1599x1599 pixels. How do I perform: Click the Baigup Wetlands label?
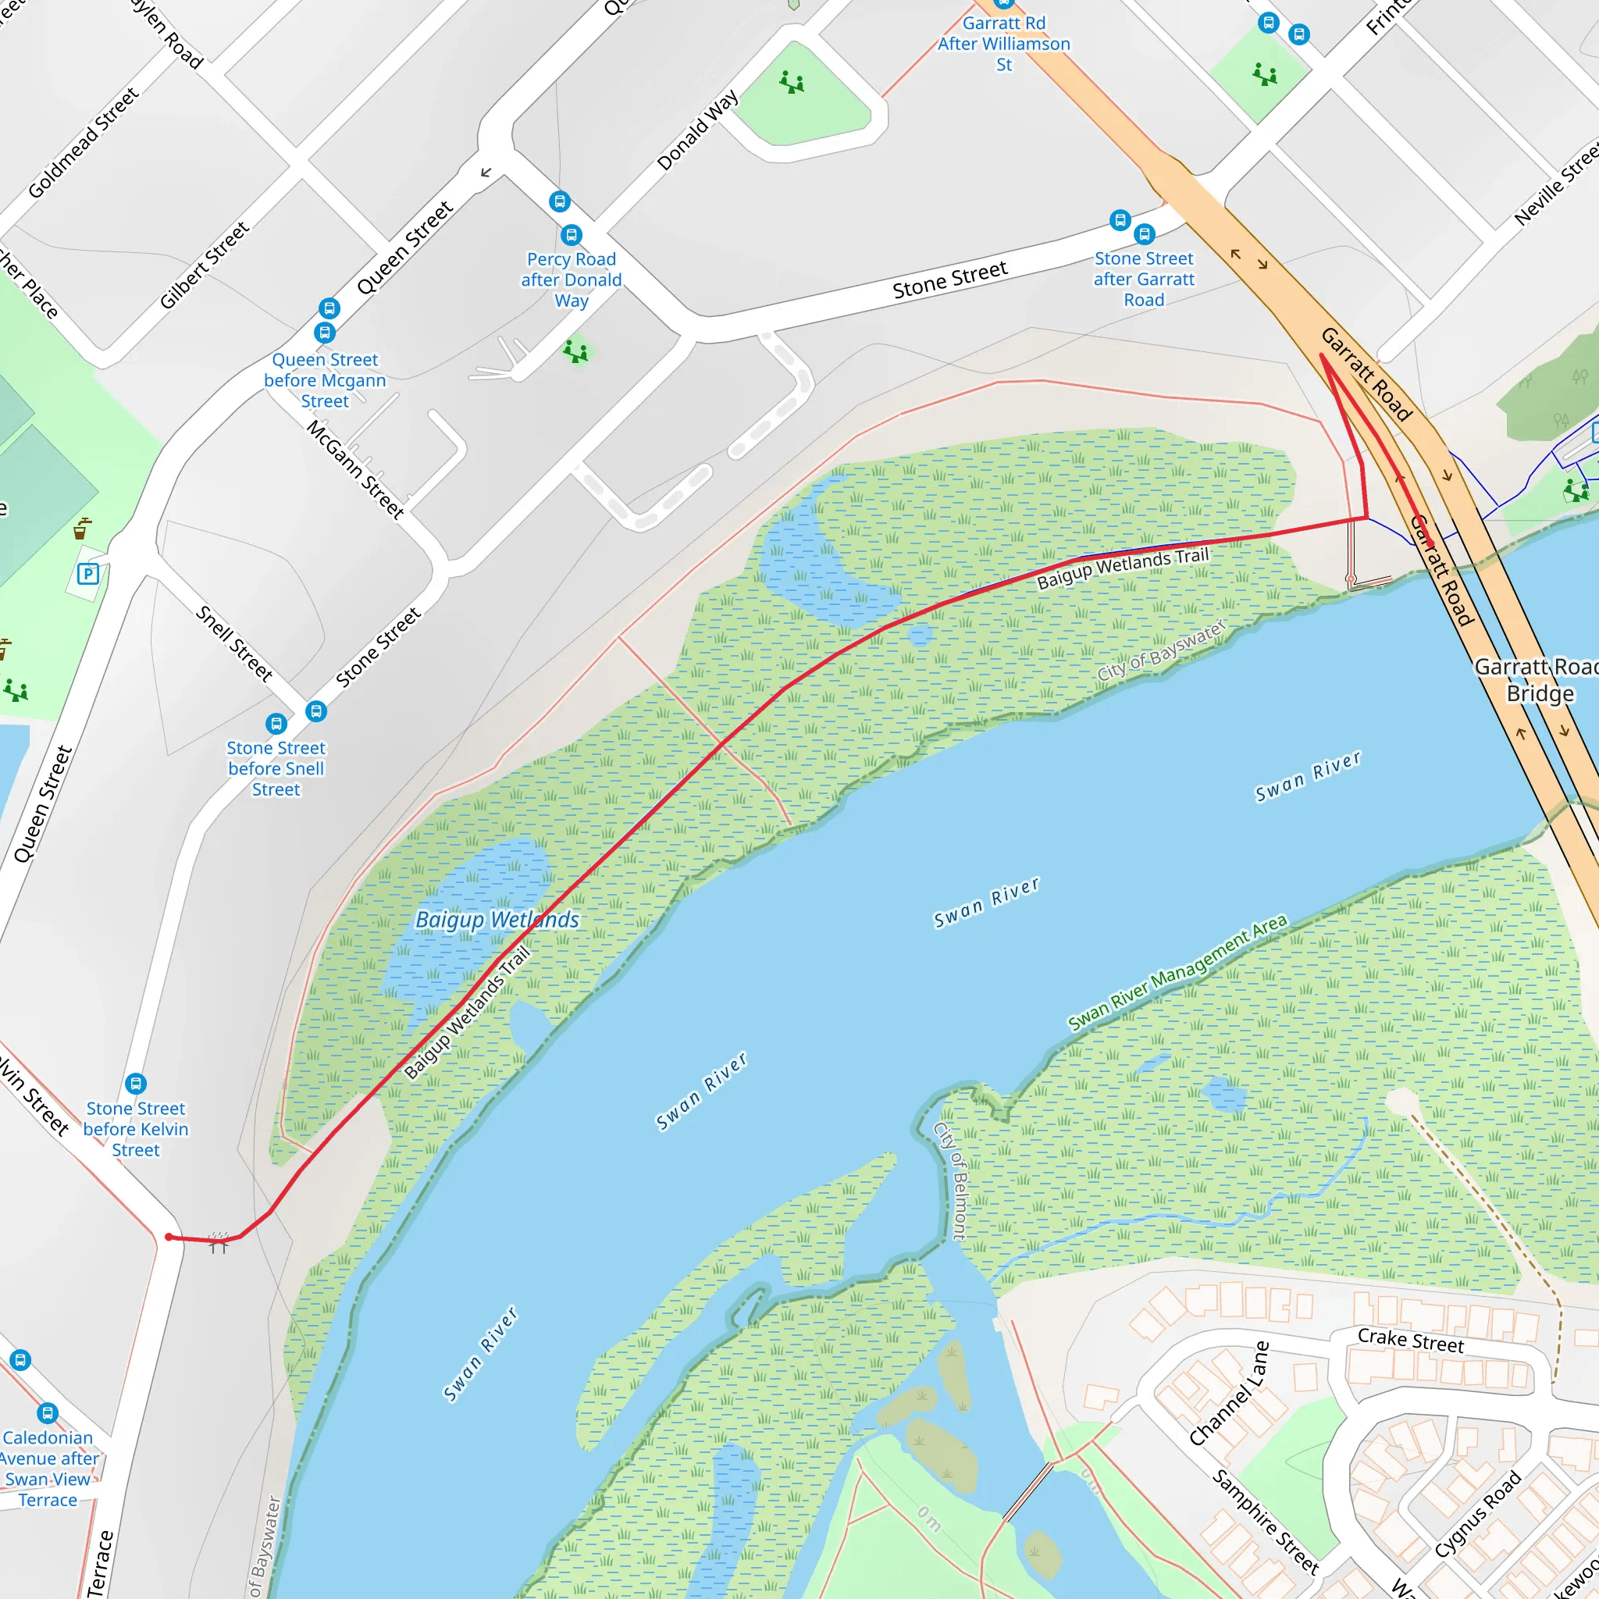[x=497, y=920]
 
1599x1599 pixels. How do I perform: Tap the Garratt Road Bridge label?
[x=1538, y=680]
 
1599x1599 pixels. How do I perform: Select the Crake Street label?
[x=1410, y=1341]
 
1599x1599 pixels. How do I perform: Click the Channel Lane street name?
[x=1228, y=1394]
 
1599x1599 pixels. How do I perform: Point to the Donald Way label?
[x=697, y=130]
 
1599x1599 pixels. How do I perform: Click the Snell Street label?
[x=234, y=644]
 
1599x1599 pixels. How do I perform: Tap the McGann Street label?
[x=356, y=469]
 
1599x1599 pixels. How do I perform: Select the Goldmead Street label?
[x=83, y=143]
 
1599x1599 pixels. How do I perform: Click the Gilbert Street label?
[x=204, y=265]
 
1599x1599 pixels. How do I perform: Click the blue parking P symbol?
[x=87, y=574]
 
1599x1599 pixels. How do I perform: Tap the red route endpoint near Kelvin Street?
[x=169, y=1238]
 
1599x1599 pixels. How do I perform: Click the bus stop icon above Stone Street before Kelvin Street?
[x=136, y=1084]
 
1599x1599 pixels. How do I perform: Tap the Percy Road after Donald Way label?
[x=571, y=280]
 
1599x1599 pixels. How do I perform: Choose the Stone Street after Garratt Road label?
[x=1144, y=279]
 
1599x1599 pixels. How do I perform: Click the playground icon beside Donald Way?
[x=792, y=82]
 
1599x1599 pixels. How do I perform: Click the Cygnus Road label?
[x=1478, y=1514]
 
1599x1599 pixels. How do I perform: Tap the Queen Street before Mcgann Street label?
[x=325, y=380]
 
